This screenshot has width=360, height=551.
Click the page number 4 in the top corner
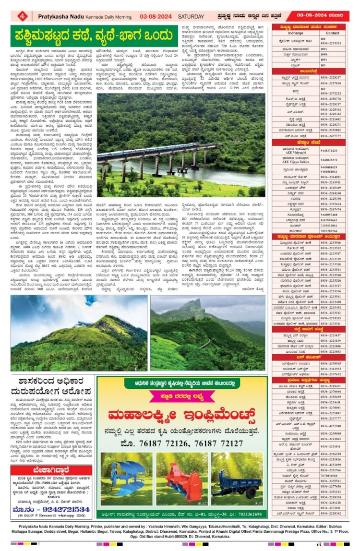tap(23, 15)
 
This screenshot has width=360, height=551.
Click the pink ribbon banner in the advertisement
tap(181, 397)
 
